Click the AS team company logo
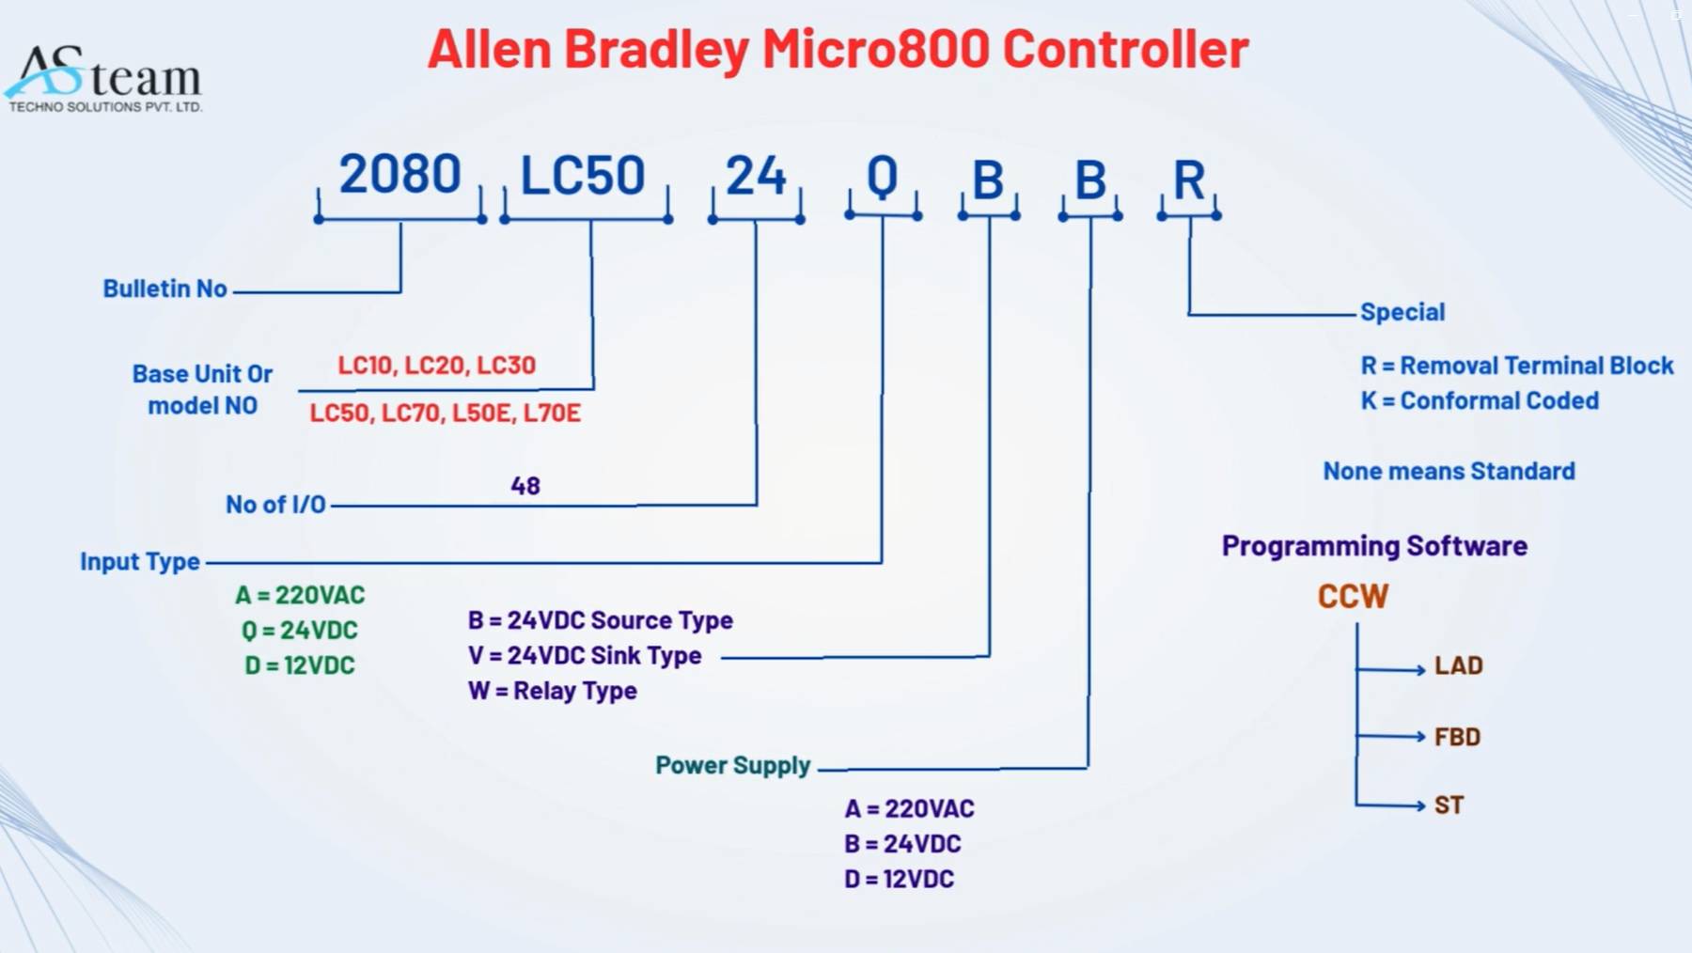tap(105, 78)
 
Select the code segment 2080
tap(399, 175)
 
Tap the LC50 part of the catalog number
tap(583, 176)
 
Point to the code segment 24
tap(756, 176)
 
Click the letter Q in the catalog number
tap(882, 177)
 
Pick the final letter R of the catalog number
tap(1189, 180)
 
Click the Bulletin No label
tap(165, 289)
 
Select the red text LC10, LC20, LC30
tap(437, 365)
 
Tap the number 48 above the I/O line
tap(525, 486)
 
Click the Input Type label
tap(140, 562)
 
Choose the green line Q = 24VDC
tap(300, 630)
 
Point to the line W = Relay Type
tap(553, 691)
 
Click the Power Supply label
tap(733, 766)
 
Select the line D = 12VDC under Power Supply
tap(900, 879)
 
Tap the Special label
tap(1402, 312)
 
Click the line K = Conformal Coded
tap(1480, 400)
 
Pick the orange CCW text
tap(1353, 596)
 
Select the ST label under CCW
tap(1449, 805)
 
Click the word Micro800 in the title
tap(875, 49)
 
